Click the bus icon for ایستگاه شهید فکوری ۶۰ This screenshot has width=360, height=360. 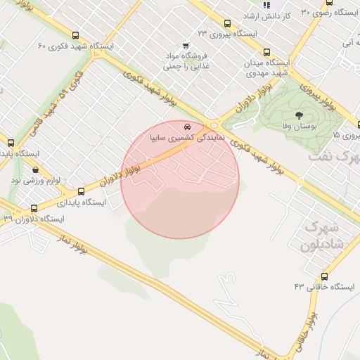[x=75, y=35]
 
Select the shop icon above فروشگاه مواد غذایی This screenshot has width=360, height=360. [x=186, y=45]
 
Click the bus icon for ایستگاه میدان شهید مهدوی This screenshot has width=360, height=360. [x=266, y=52]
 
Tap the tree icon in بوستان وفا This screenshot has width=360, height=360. [x=300, y=115]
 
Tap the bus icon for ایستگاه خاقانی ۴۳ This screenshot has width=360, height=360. [x=324, y=276]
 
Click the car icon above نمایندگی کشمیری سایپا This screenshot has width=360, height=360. [x=186, y=127]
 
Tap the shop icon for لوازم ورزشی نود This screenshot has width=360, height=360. [x=35, y=169]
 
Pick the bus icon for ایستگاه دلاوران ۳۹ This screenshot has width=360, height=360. [x=34, y=208]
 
